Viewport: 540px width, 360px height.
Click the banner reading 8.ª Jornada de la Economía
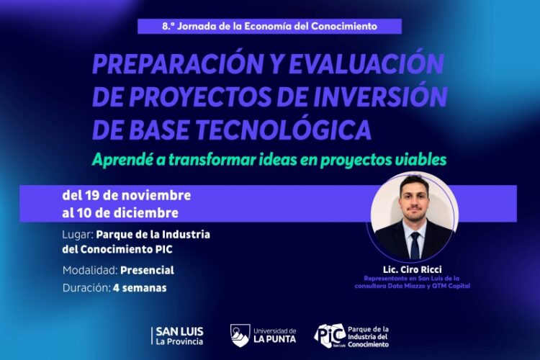coord(270,26)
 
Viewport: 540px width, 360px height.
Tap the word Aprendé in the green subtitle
coord(123,160)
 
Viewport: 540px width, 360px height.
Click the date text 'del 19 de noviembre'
coord(126,196)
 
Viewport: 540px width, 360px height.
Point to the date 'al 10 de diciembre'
coord(120,213)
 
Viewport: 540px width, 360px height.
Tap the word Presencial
coord(148,270)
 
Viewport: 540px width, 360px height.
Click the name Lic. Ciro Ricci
coord(413,269)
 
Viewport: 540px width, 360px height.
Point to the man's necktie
coord(414,244)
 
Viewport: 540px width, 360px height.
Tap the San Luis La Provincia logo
coord(178,336)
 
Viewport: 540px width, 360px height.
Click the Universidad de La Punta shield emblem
coord(240,335)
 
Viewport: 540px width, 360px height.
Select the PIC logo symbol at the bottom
coord(330,335)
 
